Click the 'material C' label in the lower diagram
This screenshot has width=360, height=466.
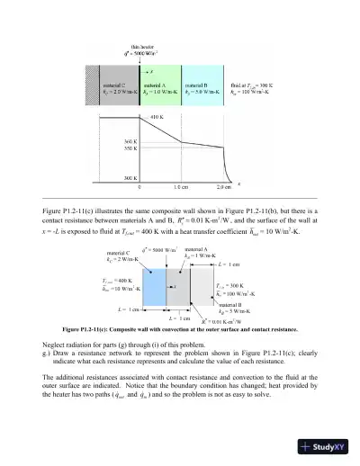[x=120, y=253]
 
